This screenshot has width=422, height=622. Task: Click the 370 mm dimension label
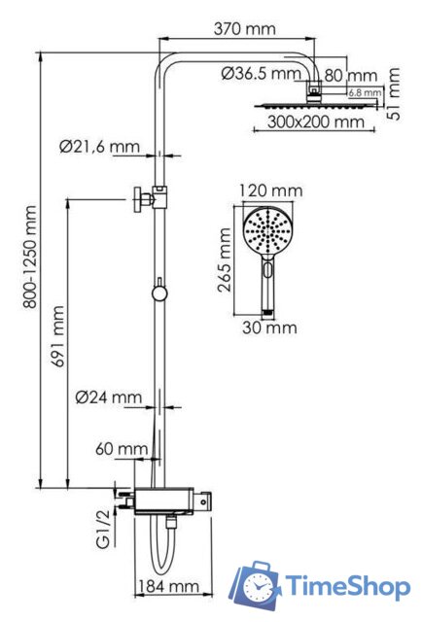(243, 30)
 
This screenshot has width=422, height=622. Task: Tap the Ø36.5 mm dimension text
(261, 74)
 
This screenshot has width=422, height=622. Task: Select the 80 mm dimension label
(350, 75)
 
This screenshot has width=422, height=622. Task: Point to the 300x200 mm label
(316, 122)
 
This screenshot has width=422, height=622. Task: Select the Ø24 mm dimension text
(109, 397)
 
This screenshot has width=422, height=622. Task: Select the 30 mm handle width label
(267, 328)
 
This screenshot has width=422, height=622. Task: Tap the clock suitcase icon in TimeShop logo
(256, 585)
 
